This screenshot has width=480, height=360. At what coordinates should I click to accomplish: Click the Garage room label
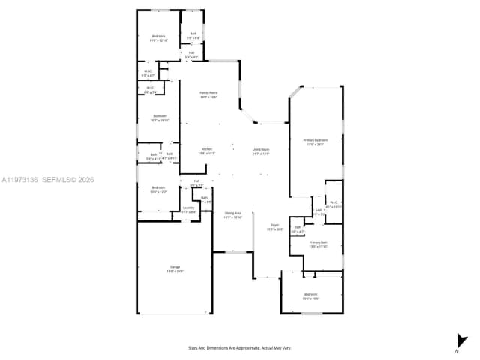click(175, 268)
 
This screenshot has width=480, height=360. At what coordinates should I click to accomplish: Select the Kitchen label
click(207, 151)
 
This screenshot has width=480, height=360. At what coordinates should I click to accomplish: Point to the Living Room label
click(261, 151)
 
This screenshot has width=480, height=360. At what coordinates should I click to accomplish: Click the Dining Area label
click(232, 214)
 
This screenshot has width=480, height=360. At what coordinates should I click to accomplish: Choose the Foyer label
click(275, 227)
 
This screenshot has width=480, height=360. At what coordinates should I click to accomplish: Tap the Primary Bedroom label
click(315, 142)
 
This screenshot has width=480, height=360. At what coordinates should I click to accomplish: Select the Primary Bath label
click(319, 244)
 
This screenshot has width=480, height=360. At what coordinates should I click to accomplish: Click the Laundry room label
click(189, 210)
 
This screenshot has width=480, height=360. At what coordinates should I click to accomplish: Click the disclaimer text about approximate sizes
click(239, 347)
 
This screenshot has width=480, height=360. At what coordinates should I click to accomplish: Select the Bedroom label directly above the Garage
click(158, 189)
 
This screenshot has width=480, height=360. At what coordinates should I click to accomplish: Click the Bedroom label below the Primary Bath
click(311, 295)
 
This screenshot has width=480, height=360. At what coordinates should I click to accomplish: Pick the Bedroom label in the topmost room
click(158, 38)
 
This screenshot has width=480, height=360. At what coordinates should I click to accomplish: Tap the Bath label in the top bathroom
click(193, 35)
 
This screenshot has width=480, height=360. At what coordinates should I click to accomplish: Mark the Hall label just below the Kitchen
click(196, 182)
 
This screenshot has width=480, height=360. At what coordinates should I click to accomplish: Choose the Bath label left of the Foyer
click(298, 229)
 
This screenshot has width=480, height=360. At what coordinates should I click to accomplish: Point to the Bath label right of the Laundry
click(205, 200)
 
